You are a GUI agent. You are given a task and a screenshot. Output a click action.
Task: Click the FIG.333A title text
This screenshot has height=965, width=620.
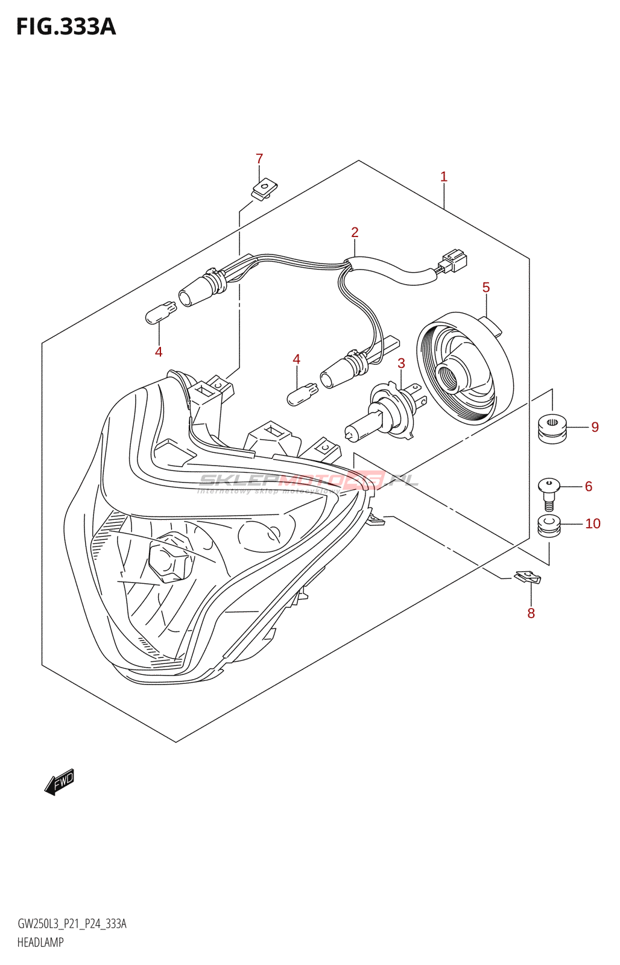(66, 27)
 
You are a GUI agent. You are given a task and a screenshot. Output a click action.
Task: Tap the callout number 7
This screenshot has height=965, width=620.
(259, 159)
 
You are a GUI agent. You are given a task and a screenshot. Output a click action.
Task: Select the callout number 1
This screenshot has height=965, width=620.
(444, 177)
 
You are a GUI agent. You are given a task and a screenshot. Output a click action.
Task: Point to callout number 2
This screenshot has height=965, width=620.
(355, 232)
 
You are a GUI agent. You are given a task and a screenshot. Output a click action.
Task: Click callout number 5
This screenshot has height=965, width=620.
(486, 288)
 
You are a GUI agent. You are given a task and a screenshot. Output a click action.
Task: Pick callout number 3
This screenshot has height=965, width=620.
(401, 363)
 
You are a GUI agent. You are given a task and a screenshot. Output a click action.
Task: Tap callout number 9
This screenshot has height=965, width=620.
(595, 427)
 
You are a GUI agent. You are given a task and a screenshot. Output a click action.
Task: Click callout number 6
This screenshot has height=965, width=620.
(589, 486)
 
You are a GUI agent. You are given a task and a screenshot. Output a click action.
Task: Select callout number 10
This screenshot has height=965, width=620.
(593, 524)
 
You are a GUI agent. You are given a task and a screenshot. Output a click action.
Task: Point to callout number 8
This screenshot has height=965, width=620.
(531, 613)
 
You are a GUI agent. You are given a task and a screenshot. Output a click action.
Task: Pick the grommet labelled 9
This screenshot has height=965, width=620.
(552, 427)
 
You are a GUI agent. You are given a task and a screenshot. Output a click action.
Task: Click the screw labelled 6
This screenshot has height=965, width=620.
(549, 490)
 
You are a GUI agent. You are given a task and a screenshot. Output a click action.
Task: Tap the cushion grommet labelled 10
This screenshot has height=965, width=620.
(549, 525)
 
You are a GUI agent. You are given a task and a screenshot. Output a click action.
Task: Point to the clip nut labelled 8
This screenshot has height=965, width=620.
(528, 577)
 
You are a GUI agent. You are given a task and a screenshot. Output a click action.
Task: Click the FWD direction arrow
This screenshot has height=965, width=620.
(59, 782)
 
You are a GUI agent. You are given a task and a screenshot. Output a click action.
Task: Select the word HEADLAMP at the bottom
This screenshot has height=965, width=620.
(40, 942)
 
